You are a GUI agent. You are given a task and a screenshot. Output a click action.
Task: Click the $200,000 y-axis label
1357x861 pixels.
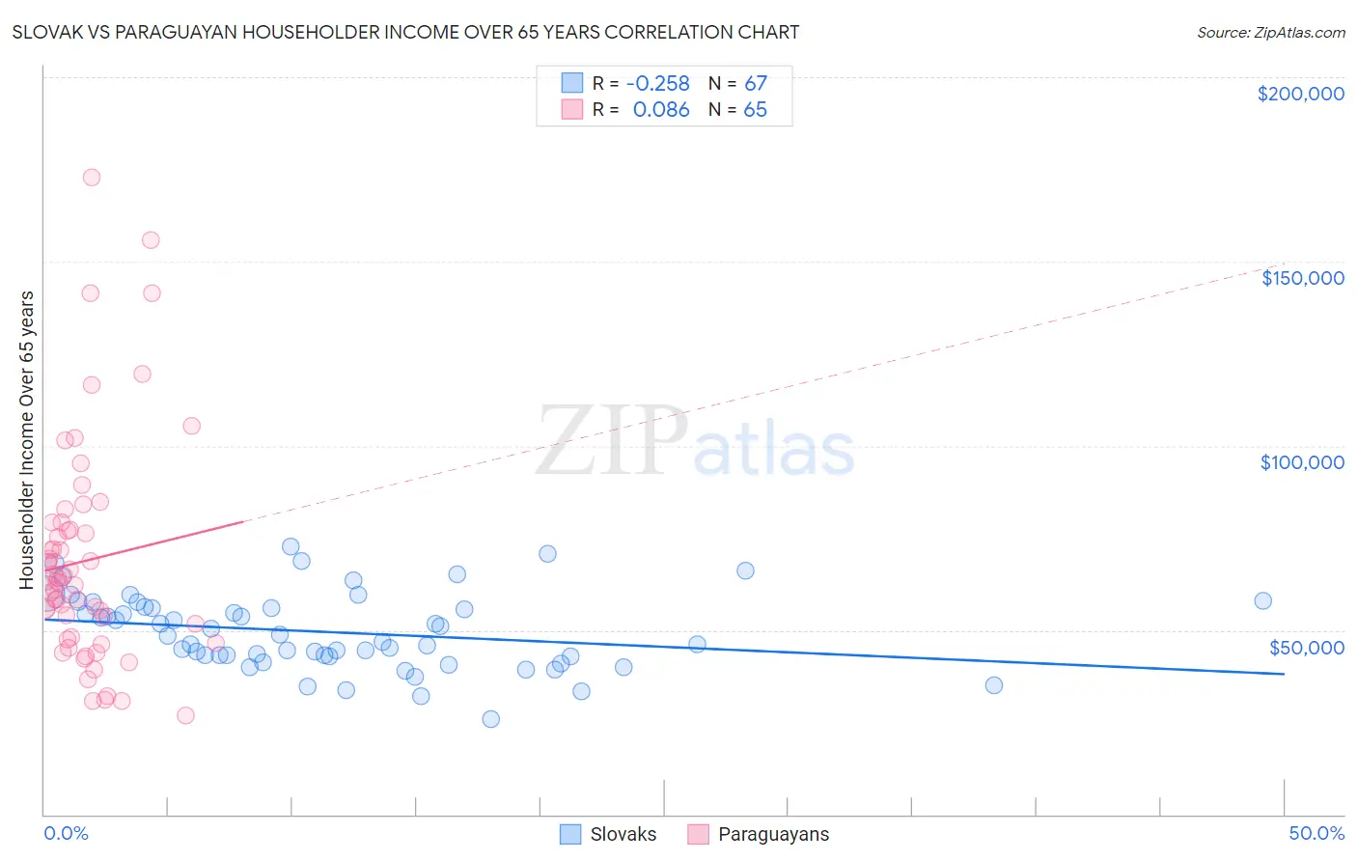tap(1300, 94)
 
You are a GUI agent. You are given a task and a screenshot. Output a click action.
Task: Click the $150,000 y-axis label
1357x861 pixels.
tap(1302, 278)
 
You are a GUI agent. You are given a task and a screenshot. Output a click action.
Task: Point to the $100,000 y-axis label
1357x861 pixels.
tap(1302, 462)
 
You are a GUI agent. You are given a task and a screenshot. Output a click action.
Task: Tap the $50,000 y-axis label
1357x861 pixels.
tap(1306, 647)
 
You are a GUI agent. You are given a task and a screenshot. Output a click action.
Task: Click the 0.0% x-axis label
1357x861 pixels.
tap(66, 833)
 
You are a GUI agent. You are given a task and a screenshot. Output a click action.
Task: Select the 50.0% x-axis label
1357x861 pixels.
tap(1316, 833)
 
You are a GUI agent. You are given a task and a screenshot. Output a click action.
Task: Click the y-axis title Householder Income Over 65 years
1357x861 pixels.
tap(26, 439)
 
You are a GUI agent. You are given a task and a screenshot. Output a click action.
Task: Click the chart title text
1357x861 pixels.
tap(405, 32)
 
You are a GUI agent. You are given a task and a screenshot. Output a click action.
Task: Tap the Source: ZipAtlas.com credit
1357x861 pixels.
tap(1270, 32)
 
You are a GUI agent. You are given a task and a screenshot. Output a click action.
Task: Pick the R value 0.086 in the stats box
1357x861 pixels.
tap(661, 110)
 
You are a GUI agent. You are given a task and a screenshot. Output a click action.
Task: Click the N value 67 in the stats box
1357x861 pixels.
tap(755, 84)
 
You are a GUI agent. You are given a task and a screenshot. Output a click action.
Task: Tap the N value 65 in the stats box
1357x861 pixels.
tap(755, 110)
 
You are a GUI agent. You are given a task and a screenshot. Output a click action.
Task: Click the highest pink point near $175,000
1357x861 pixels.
tap(92, 178)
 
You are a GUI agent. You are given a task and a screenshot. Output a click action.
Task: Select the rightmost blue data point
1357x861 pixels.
tap(1262, 601)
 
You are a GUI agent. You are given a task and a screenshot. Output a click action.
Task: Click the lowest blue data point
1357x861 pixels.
tap(490, 719)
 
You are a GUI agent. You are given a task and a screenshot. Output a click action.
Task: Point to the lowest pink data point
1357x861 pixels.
tap(185, 715)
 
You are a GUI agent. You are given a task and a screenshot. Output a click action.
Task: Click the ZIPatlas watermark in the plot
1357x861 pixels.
tap(695, 442)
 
